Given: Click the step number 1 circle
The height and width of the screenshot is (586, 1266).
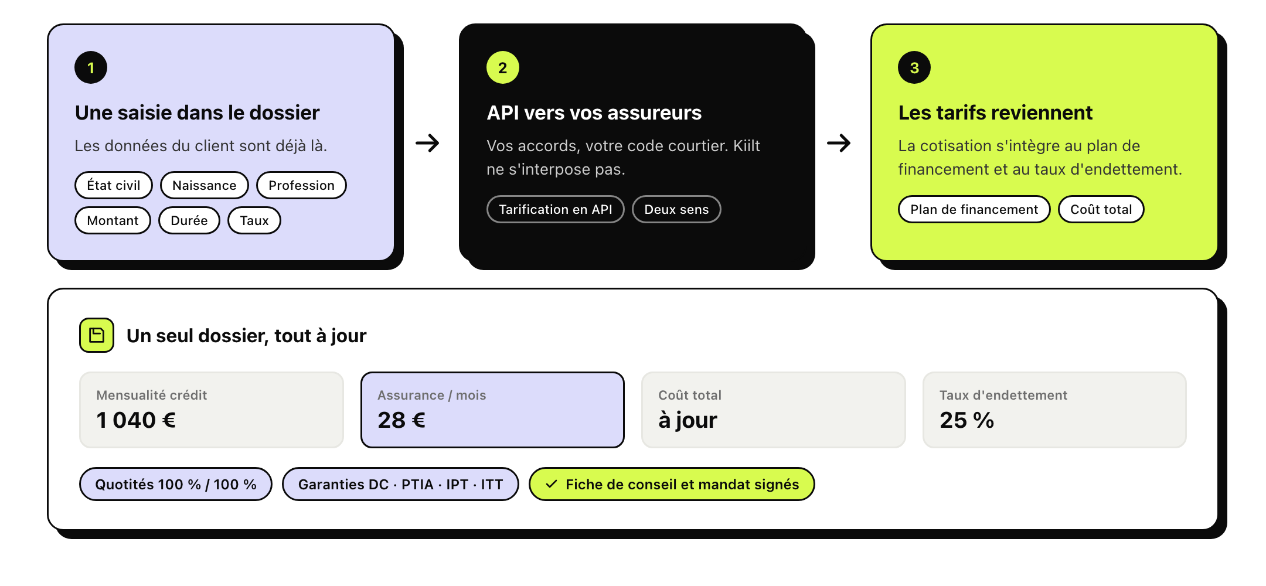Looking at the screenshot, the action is [91, 67].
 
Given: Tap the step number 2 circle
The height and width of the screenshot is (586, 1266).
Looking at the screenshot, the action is [503, 67].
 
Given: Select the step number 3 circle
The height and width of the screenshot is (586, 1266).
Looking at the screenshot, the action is [914, 67].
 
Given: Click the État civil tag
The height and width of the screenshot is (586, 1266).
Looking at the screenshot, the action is [114, 185].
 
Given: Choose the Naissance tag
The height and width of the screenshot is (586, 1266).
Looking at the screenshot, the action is [205, 185].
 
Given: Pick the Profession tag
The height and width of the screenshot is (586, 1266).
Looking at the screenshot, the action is [301, 185].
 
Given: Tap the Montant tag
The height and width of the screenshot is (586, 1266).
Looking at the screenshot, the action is [113, 220].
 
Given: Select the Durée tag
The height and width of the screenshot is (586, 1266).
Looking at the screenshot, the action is [189, 220].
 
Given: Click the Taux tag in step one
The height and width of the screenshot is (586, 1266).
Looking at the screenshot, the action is [254, 220].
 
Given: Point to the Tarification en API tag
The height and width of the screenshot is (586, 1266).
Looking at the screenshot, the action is [556, 209].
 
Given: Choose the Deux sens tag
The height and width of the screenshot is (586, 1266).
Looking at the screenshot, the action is [676, 209].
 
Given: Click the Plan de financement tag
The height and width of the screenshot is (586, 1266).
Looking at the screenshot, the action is [974, 209].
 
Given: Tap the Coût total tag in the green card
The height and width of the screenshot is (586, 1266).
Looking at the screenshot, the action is [1101, 209].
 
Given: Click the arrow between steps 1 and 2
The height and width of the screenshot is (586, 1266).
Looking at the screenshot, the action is [427, 143].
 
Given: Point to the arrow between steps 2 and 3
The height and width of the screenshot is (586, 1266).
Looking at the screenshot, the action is [839, 143].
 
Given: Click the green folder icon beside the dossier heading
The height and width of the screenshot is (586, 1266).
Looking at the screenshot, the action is [97, 335].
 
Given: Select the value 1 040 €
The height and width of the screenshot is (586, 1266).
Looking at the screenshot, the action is [136, 420].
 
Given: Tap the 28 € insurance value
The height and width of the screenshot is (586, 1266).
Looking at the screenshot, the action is [401, 420].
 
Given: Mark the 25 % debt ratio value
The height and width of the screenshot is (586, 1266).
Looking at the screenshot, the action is [966, 420].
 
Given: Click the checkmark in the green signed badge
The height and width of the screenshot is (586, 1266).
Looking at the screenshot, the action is [551, 484].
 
